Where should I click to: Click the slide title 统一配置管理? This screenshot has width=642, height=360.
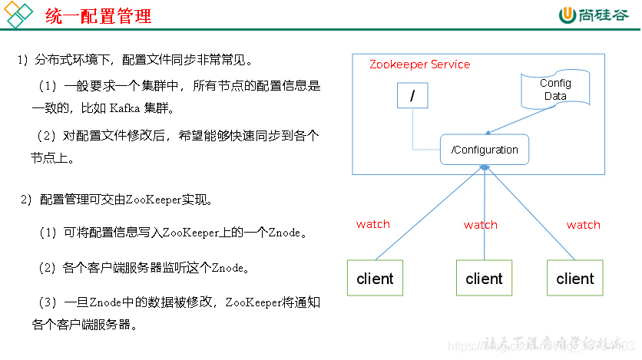coord(98,16)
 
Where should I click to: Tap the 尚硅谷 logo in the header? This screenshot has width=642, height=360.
coord(596,15)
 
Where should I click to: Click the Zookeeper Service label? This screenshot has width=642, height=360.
coord(419,64)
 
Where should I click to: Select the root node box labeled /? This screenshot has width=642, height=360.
coord(413,96)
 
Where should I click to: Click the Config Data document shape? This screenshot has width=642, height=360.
coord(555,90)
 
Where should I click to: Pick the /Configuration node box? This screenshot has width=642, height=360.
coord(485,150)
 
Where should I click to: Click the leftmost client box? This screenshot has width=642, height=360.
coord(375,279)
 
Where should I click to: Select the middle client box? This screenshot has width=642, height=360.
coord(484,279)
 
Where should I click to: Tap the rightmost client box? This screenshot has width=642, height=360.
coord(575,279)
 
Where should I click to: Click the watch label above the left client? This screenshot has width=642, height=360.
coord(373,225)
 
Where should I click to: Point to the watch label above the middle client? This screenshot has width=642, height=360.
coord(481,225)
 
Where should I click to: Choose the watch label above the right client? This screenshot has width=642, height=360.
coord(584,225)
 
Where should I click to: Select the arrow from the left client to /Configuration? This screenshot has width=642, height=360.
coord(426,215)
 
